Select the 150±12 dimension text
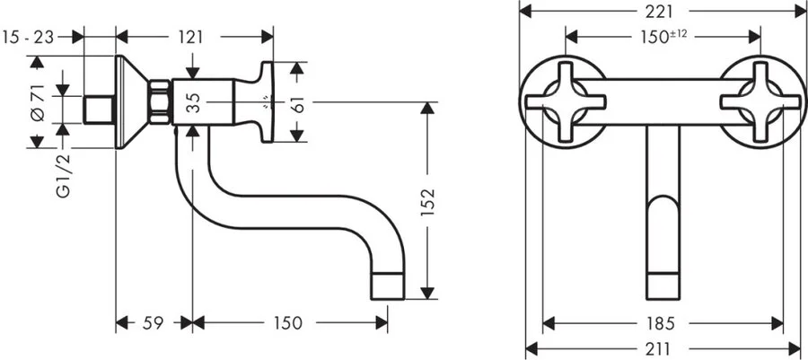(663, 36)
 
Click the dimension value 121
(189, 37)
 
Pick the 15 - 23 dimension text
(30, 37)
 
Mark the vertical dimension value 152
(428, 202)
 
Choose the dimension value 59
(154, 321)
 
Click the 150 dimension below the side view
(288, 321)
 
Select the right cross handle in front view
(762, 101)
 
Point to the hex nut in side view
(161, 101)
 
